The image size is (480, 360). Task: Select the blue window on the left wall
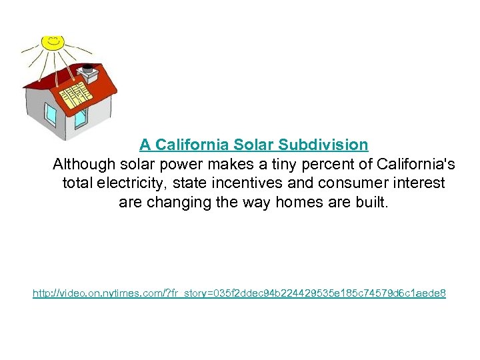[x=51, y=115]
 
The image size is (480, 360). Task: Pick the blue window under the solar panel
[x=81, y=119]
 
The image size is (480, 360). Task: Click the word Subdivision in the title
[x=323, y=145]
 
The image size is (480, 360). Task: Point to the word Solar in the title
[x=253, y=145]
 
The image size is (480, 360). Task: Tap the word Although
[x=85, y=164]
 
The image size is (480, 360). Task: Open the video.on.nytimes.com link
[x=239, y=293]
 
